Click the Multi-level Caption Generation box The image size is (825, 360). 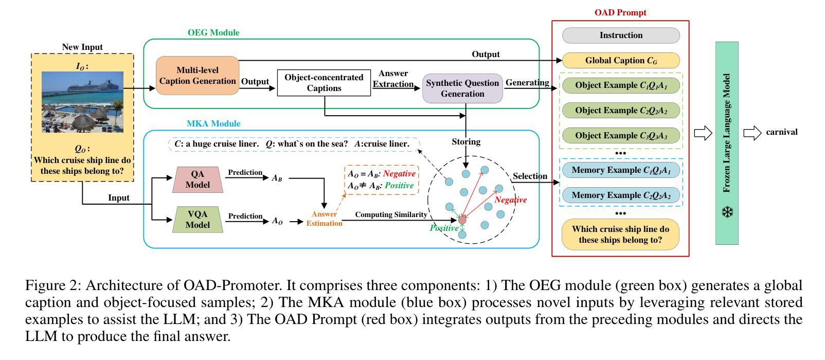pos(198,76)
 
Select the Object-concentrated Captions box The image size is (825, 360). pos(324,83)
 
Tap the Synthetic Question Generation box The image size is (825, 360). pos(462,88)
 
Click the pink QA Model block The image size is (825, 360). pos(198,179)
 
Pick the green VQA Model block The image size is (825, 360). pos(198,220)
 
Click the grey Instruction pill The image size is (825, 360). pos(621,35)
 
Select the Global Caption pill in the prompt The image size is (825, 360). pos(621,61)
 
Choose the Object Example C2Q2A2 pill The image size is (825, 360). pos(621,111)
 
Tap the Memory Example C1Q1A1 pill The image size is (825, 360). pos(621,170)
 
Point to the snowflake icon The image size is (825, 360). pos(727,212)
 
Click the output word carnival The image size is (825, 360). pos(782,132)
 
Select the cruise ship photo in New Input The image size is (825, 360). pos(82,102)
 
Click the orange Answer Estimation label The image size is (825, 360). pos(324,219)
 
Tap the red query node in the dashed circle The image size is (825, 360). pos(462,220)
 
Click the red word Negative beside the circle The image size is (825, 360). pos(511,200)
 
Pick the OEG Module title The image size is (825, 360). pos(213,33)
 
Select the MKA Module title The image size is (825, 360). pos(213,124)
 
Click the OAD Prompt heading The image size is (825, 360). pos(620,13)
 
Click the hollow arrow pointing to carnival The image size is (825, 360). pos(752,133)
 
